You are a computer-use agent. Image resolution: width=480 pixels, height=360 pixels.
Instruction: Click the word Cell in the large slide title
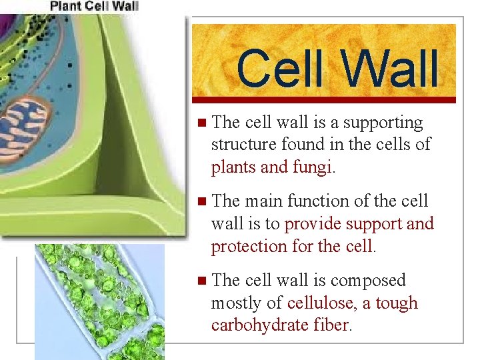tap(277, 69)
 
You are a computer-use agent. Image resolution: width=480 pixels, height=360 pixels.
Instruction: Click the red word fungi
tap(311, 167)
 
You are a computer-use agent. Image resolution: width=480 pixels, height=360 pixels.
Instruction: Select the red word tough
tap(397, 303)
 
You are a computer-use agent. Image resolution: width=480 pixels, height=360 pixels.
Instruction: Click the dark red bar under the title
tap(324, 100)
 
